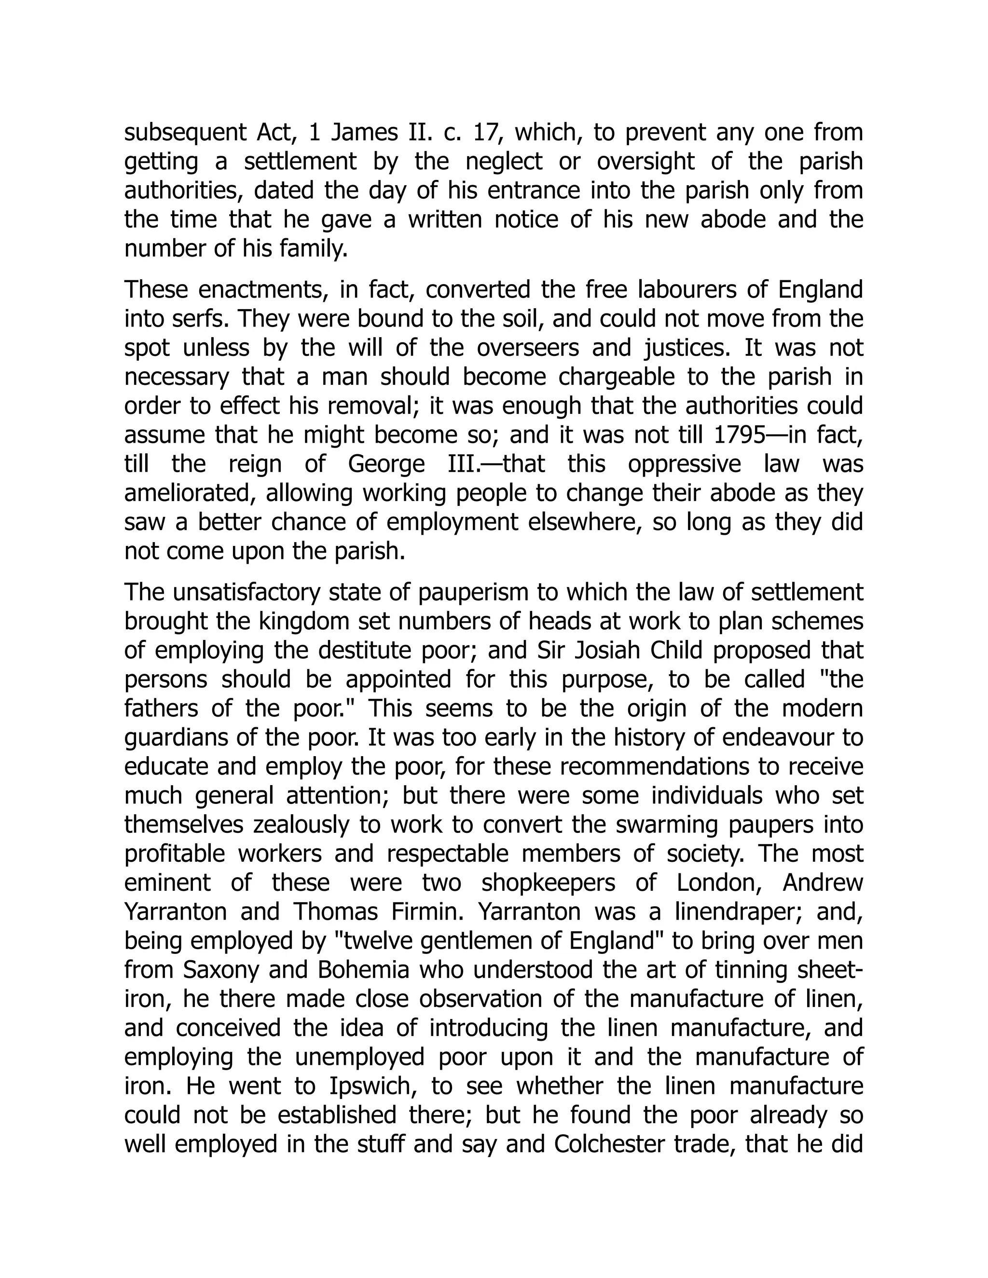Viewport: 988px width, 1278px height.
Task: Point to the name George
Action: point(386,464)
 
